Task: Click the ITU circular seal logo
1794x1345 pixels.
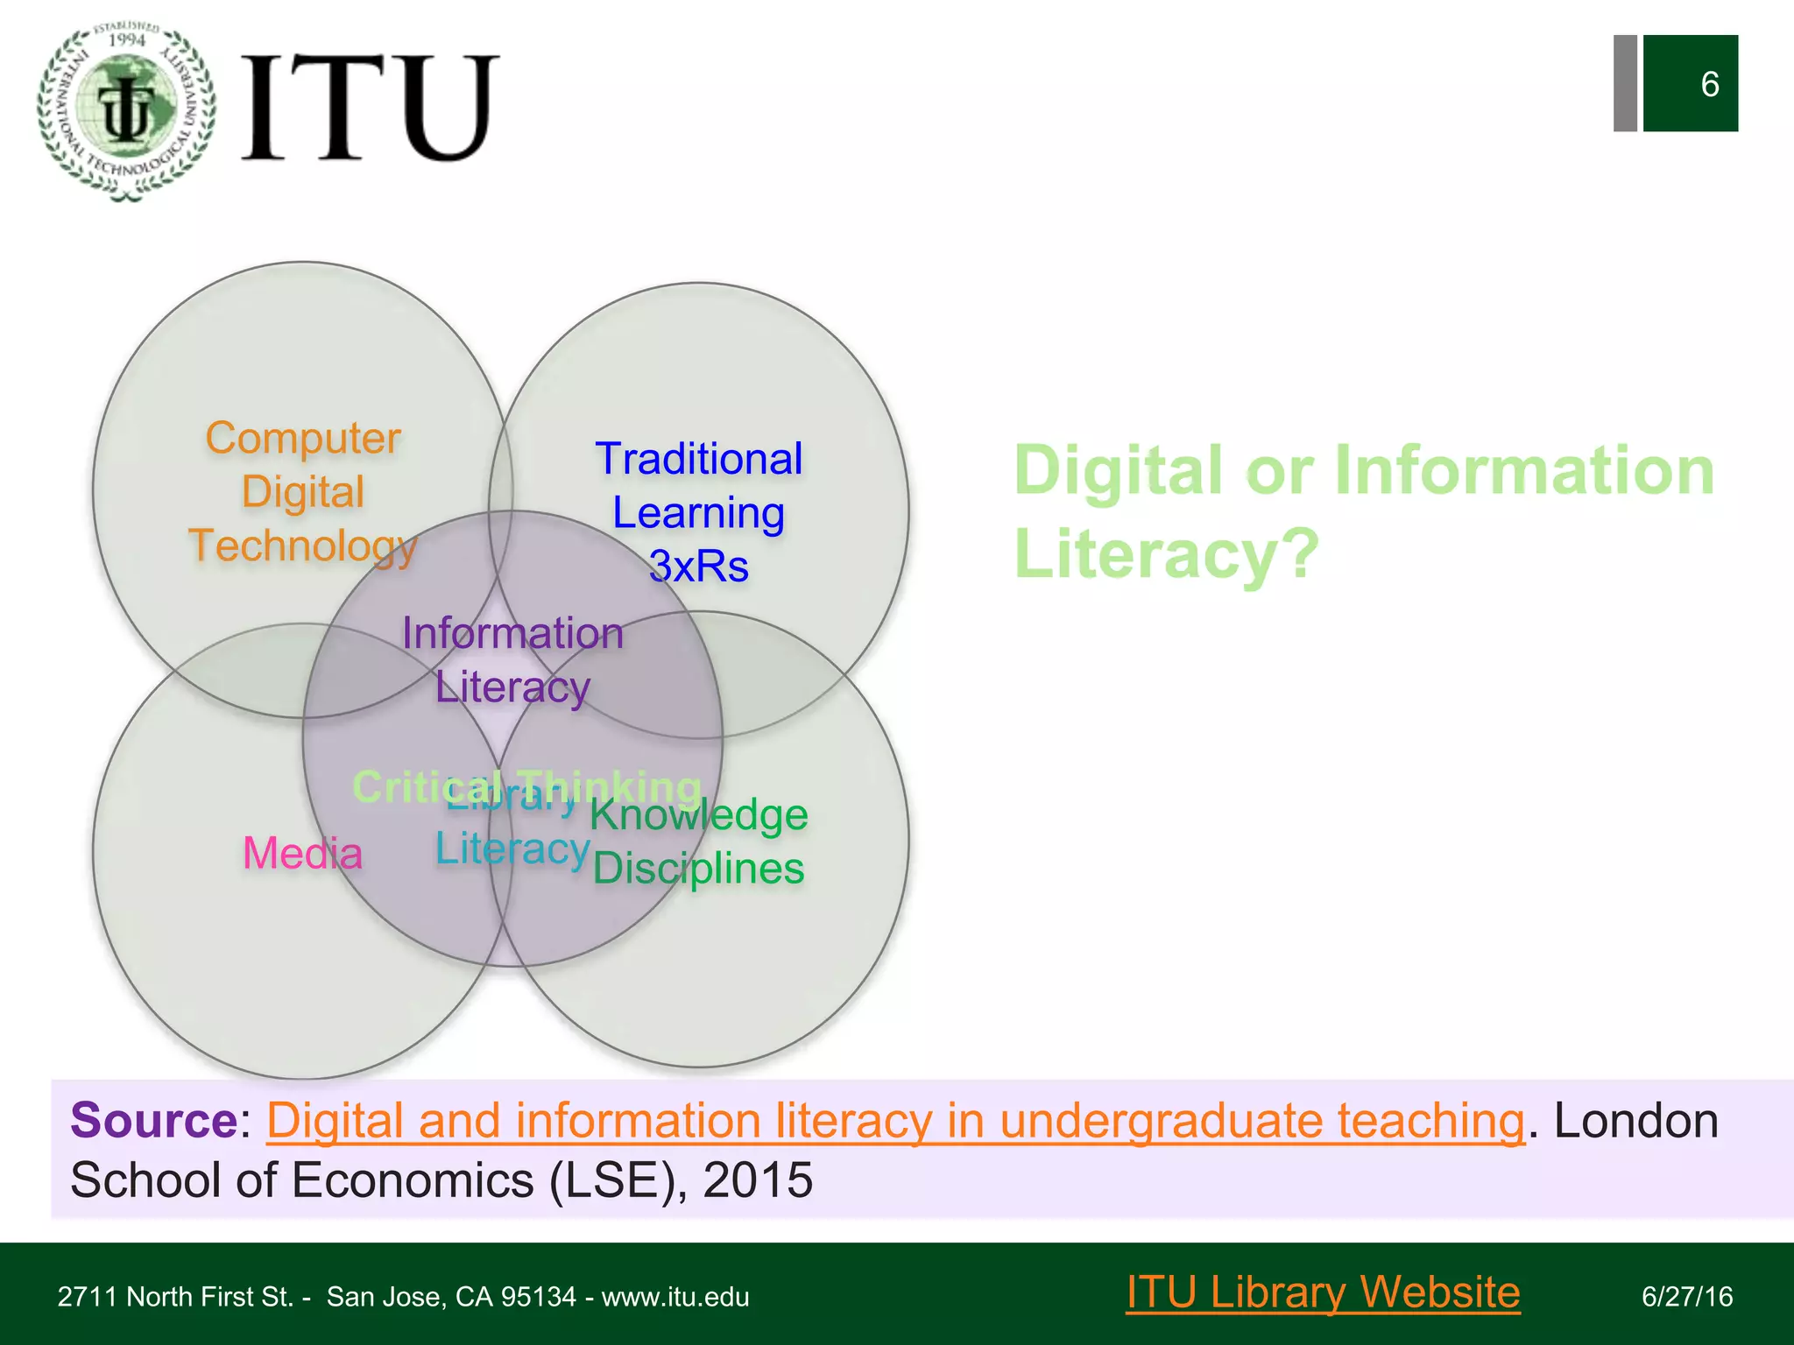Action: pyautogui.click(x=127, y=111)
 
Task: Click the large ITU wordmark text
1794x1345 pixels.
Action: pyautogui.click(x=370, y=108)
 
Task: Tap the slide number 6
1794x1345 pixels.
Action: pyautogui.click(x=1709, y=84)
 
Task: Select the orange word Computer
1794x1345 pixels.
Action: pyautogui.click(x=303, y=438)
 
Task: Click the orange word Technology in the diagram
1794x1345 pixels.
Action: pyautogui.click(x=302, y=546)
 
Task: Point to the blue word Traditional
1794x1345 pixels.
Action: pyautogui.click(x=698, y=459)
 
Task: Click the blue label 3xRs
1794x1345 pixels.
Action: pyautogui.click(x=698, y=567)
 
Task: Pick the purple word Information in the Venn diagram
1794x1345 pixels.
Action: pyautogui.click(x=512, y=633)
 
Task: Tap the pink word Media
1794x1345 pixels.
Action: pyautogui.click(x=302, y=853)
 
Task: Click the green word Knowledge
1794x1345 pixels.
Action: pyautogui.click(x=698, y=815)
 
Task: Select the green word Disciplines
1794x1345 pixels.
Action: pyautogui.click(x=698, y=869)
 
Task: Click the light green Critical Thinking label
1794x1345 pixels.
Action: pyautogui.click(x=526, y=786)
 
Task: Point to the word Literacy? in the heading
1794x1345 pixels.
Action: pyautogui.click(x=1166, y=553)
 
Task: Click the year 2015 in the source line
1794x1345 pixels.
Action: pyautogui.click(x=758, y=1180)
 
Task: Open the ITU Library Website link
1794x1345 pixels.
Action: pyautogui.click(x=1323, y=1292)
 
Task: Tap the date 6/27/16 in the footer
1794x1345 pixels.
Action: pyautogui.click(x=1687, y=1297)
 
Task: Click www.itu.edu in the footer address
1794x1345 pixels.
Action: pyautogui.click(x=675, y=1297)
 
